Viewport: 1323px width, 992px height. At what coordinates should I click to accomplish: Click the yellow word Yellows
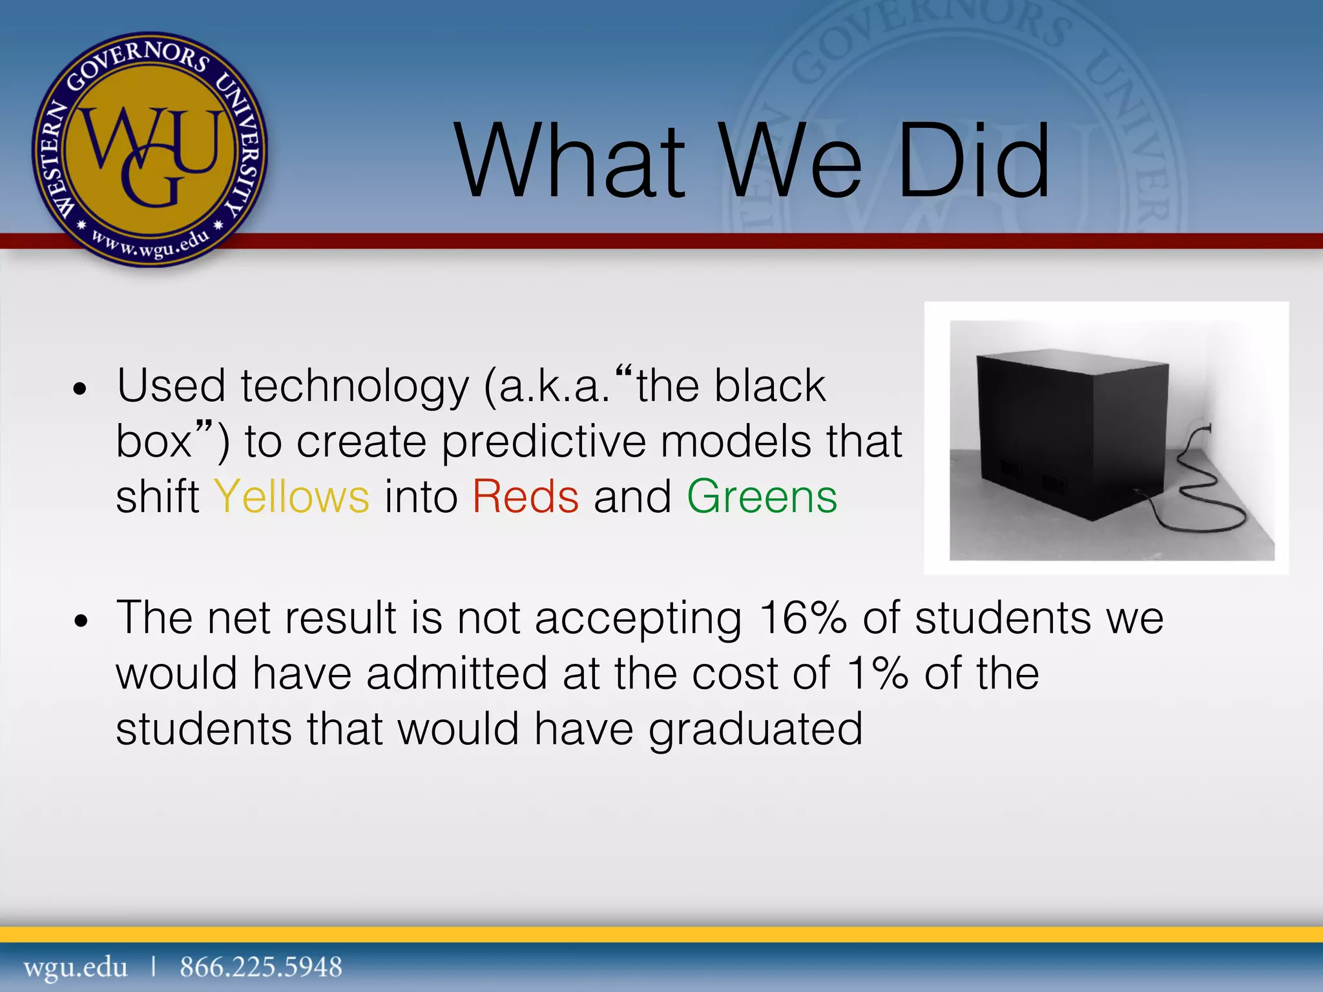292,497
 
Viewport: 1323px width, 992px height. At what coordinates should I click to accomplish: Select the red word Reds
526,497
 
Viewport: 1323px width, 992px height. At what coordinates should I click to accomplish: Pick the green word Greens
762,497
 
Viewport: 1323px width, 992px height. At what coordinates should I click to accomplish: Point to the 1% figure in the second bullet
878,674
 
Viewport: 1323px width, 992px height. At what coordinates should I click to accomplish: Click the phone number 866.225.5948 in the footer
261,967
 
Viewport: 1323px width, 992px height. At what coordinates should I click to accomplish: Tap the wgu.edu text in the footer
76,967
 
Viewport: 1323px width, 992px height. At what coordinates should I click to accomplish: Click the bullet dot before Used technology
80,389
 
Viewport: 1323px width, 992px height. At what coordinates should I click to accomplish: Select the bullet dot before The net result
80,621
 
